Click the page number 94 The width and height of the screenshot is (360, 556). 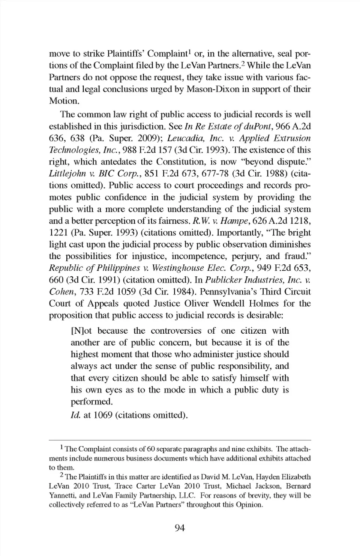coord(180,528)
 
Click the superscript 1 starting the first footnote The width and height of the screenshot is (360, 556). coord(62,447)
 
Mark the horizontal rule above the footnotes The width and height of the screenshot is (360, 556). coord(180,440)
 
